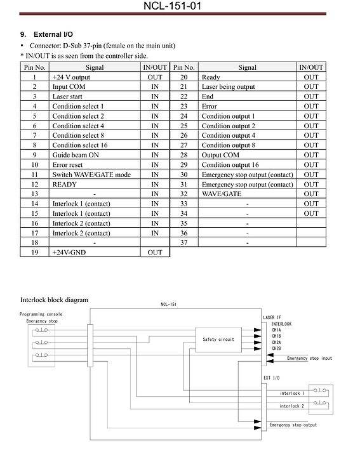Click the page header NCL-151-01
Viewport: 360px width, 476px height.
pos(172,6)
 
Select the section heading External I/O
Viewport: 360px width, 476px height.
pos(53,34)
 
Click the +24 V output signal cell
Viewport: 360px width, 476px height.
pos(71,77)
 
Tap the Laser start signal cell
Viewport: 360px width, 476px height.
pos(67,96)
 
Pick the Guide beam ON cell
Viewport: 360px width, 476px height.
pos(76,155)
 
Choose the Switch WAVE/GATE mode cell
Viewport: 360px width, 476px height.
pos(91,175)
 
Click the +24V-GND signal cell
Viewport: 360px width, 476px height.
pos(69,252)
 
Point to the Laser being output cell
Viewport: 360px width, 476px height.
pos(228,87)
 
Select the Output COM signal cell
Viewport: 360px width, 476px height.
pos(220,155)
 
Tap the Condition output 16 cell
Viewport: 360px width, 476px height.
pos(230,165)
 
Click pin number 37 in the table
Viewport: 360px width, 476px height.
pos(183,242)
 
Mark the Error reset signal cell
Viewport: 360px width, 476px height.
pos(67,165)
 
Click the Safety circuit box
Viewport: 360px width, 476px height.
pos(219,340)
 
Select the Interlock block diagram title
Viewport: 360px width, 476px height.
pos(54,300)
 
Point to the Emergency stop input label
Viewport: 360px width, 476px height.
pos(309,358)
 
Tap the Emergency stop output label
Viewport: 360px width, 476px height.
pos(293,425)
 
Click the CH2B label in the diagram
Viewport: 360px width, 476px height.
pos(276,348)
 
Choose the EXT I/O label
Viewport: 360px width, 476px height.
pos(271,378)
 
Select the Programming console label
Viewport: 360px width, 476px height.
pos(41,314)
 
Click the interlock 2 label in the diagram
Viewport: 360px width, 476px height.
pos(291,406)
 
